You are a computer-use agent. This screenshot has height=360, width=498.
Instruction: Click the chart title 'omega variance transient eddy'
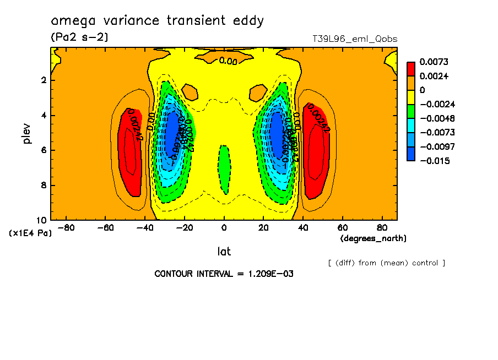click(158, 21)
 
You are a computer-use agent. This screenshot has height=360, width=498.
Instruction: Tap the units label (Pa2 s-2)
click(79, 37)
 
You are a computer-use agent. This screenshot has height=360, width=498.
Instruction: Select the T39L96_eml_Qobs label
click(354, 39)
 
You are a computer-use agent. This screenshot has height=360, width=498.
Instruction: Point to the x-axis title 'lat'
click(223, 252)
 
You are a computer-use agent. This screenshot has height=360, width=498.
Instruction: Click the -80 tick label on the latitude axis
click(66, 227)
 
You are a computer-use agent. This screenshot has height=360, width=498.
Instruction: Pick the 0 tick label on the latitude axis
click(224, 227)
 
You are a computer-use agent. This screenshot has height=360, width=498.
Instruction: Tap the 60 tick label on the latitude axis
click(342, 227)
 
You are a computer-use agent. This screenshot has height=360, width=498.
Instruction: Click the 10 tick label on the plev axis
click(42, 220)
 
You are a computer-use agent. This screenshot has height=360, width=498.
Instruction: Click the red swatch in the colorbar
click(410, 69)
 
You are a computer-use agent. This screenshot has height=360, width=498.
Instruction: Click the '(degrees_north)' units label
click(373, 238)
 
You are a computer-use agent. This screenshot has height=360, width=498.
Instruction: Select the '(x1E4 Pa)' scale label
click(31, 233)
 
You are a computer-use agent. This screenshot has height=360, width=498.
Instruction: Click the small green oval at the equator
click(224, 168)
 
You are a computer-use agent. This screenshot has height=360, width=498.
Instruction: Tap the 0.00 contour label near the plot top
click(228, 61)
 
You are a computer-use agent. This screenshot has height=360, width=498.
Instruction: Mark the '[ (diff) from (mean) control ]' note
click(386, 263)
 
